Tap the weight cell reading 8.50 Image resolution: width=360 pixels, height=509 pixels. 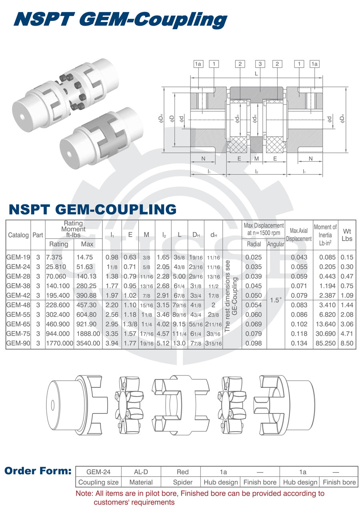347,343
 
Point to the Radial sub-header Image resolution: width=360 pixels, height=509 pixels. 254,244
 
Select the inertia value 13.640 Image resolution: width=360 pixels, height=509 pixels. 325,324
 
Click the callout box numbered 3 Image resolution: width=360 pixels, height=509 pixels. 260,64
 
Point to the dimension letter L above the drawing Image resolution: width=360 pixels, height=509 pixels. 256,74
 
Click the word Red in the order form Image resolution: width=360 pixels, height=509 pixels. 182,472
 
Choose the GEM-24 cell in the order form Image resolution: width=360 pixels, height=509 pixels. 98,472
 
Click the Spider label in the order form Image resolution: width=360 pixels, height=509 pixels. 182,482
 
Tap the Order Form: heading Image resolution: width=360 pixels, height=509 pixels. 38,471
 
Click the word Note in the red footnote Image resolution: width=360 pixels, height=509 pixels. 84,494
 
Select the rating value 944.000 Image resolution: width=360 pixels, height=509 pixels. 59,333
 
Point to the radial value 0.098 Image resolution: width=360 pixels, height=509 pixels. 254,343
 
